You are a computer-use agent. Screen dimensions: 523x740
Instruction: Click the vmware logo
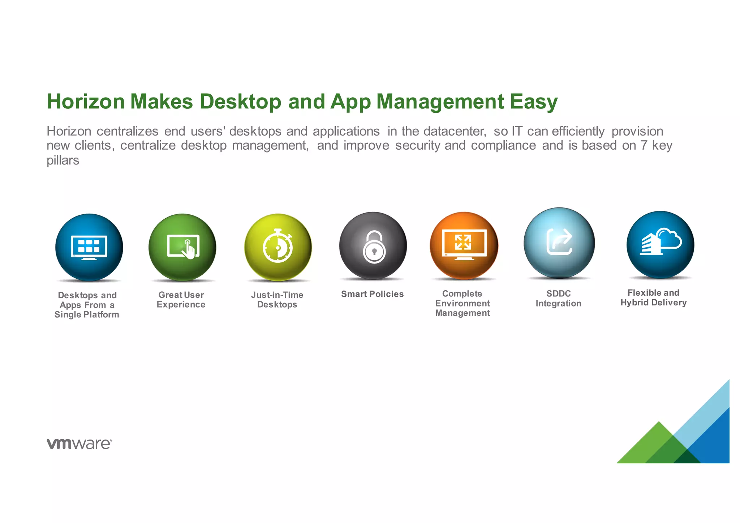pyautogui.click(x=79, y=444)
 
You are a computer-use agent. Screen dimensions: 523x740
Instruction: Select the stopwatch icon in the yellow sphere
pyautogui.click(x=277, y=246)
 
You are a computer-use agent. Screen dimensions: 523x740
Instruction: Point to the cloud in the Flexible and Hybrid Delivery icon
pyautogui.click(x=669, y=238)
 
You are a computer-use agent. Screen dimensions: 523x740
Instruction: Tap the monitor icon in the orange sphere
pyautogui.click(x=464, y=244)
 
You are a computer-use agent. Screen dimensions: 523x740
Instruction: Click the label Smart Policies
pyautogui.click(x=372, y=294)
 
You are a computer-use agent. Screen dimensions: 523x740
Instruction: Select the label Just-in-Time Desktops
pyautogui.click(x=277, y=300)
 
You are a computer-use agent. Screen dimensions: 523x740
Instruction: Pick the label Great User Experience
pyautogui.click(x=181, y=300)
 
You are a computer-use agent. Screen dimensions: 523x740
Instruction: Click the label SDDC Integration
pyautogui.click(x=558, y=299)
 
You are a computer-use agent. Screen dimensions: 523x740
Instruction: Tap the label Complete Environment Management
pyautogui.click(x=462, y=303)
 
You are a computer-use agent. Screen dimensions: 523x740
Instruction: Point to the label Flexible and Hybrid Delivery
pyautogui.click(x=653, y=297)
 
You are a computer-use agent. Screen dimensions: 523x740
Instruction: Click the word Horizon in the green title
pyautogui.click(x=86, y=102)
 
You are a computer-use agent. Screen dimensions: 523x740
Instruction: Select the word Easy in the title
pyautogui.click(x=534, y=102)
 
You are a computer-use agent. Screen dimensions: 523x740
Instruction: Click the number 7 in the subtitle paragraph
pyautogui.click(x=644, y=145)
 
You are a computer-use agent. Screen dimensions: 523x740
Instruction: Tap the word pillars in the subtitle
pyautogui.click(x=63, y=160)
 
